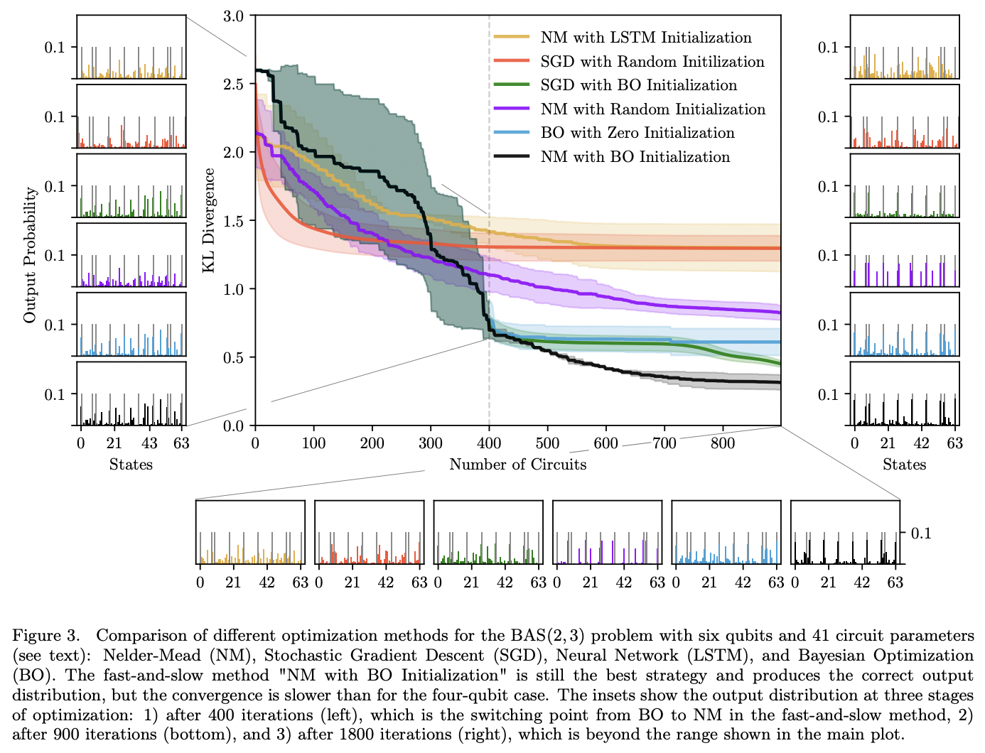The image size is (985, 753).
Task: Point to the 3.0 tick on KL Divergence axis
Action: click(x=234, y=16)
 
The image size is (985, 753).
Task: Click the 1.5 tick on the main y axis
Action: click(x=234, y=221)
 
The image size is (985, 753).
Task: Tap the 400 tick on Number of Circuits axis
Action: click(x=489, y=443)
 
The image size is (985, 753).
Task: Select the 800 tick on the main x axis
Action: click(x=723, y=443)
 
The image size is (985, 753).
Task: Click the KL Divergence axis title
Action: click(x=209, y=220)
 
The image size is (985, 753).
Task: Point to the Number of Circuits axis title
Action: click(x=518, y=465)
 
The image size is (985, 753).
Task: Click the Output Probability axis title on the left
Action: click(x=30, y=254)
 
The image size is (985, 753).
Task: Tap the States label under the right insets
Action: click(x=904, y=465)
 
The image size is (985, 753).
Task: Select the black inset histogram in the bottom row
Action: click(x=845, y=533)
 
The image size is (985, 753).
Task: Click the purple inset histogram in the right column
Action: click(x=904, y=255)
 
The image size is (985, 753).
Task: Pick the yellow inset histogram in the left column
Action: click(x=131, y=47)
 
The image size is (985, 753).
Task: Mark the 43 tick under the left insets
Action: click(x=149, y=443)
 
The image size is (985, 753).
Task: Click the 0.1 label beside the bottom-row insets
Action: click(x=921, y=533)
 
